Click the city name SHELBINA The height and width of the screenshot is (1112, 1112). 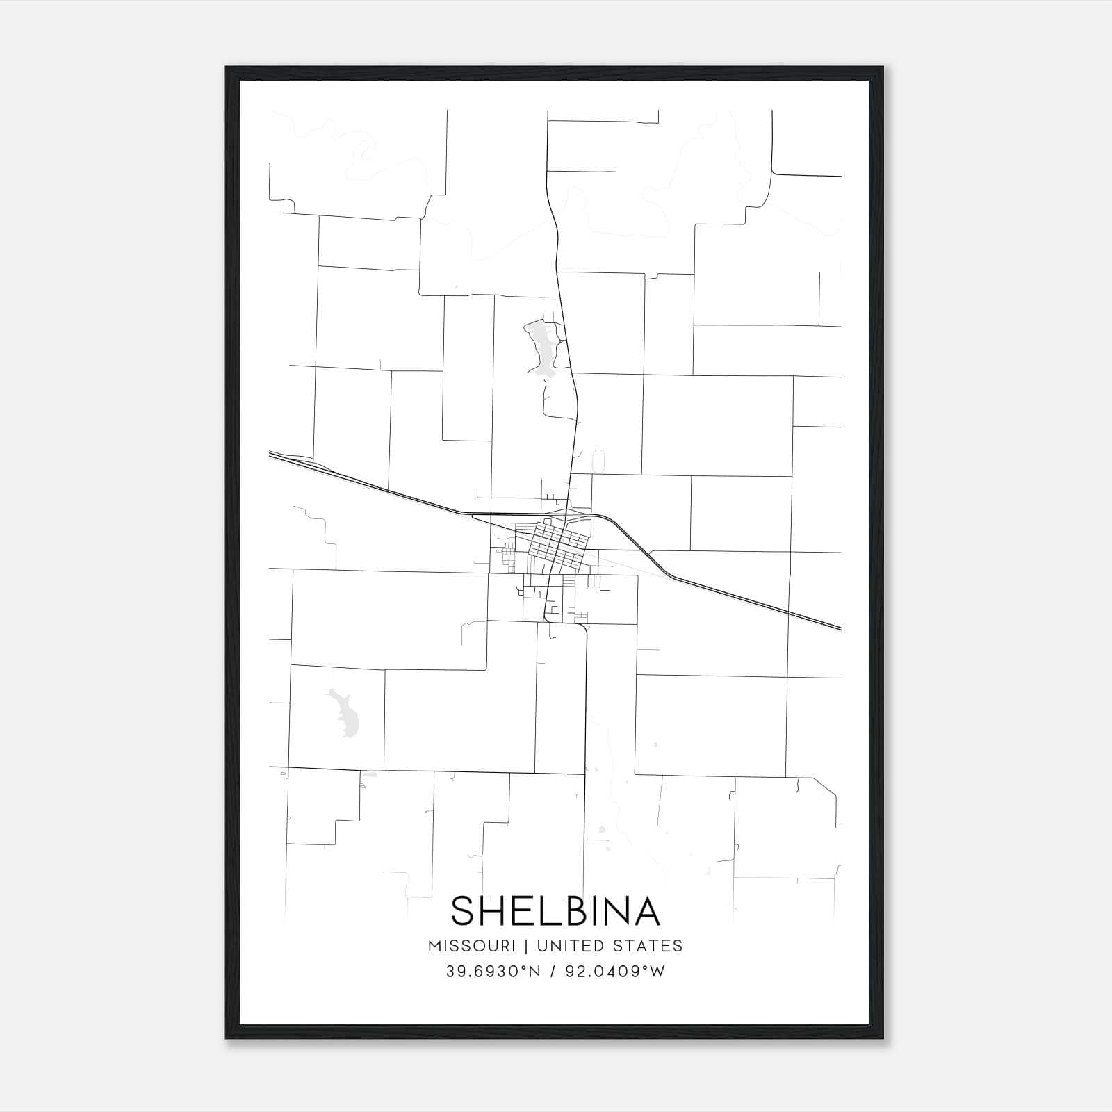coord(555,911)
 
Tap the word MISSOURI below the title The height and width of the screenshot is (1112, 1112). coord(472,946)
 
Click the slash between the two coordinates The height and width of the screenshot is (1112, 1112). coord(553,972)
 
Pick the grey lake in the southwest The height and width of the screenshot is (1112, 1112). coord(345,712)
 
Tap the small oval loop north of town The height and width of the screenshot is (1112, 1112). coord(598,461)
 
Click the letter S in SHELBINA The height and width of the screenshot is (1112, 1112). coord(464,911)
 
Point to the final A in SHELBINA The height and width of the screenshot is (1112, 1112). coord(646,911)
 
